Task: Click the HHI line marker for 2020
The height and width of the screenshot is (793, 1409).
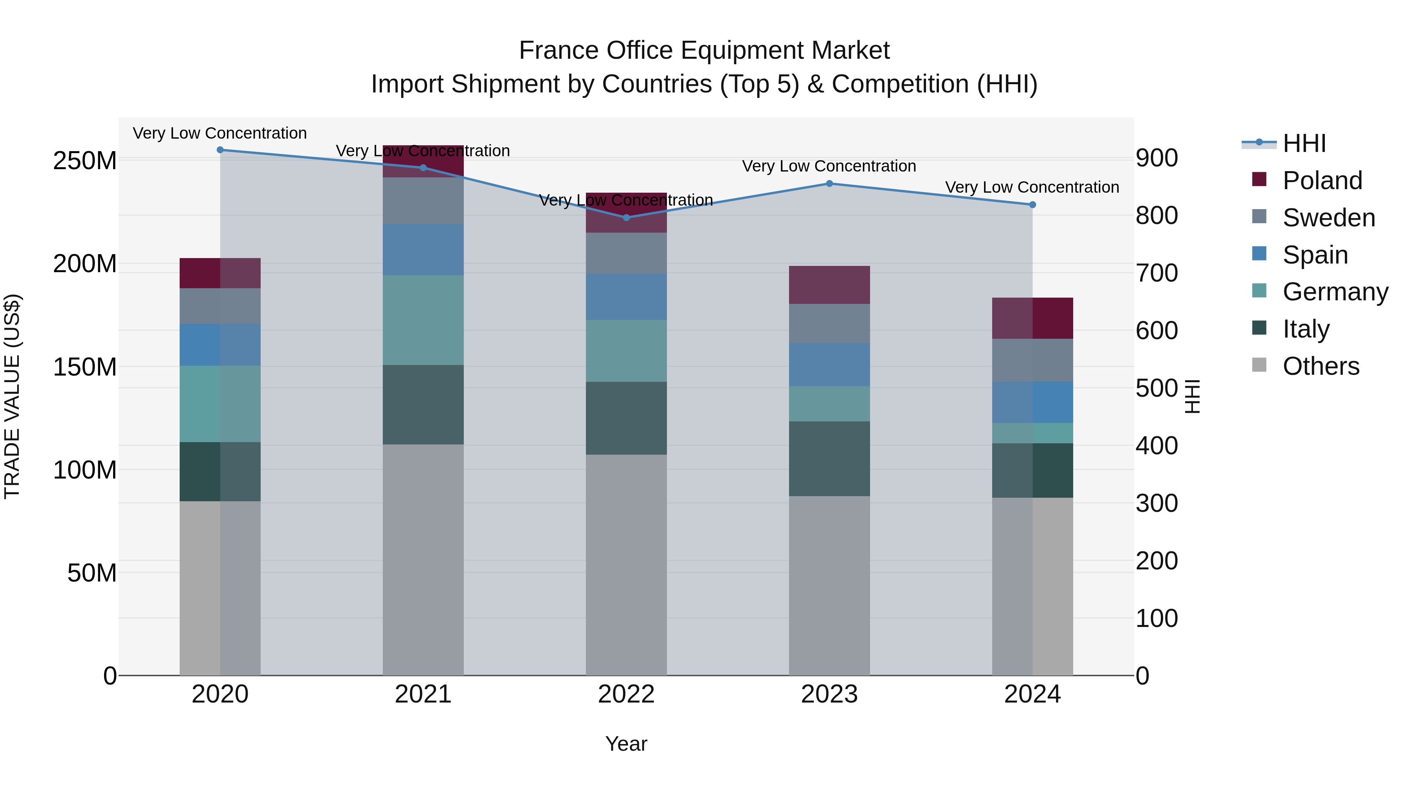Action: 220,150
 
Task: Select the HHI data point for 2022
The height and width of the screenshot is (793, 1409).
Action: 626,218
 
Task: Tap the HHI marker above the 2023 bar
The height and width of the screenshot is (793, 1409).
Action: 829,184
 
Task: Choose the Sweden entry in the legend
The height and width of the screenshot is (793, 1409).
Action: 1328,218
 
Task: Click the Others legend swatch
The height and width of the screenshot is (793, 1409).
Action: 1259,365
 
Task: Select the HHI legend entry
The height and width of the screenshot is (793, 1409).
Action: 1304,143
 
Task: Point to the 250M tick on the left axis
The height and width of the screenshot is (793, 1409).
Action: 85,161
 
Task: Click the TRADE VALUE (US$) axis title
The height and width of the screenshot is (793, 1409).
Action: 12,396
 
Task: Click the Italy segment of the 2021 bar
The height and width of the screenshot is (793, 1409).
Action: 423,405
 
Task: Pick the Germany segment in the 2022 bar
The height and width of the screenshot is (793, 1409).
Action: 626,351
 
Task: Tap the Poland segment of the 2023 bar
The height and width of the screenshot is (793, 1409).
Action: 829,285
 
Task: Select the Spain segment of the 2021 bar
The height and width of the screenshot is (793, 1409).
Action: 423,249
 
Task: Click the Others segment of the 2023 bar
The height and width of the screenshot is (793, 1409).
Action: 829,585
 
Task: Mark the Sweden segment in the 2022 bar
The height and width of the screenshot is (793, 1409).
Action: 626,253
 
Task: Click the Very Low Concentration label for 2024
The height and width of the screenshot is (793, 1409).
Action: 1032,187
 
